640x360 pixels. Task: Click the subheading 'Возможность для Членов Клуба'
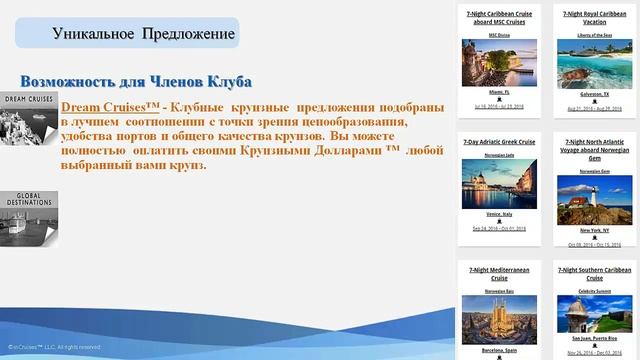tap(135, 81)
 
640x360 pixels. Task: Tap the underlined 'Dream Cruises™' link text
tap(109, 106)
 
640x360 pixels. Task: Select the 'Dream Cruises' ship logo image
tap(28, 119)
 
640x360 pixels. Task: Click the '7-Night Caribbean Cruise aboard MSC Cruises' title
tap(499, 20)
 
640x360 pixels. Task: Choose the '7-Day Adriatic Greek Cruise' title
tap(499, 143)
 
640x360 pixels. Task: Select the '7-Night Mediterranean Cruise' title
tap(499, 274)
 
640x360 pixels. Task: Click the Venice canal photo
tap(499, 184)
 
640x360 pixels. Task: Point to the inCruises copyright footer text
tap(55, 347)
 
